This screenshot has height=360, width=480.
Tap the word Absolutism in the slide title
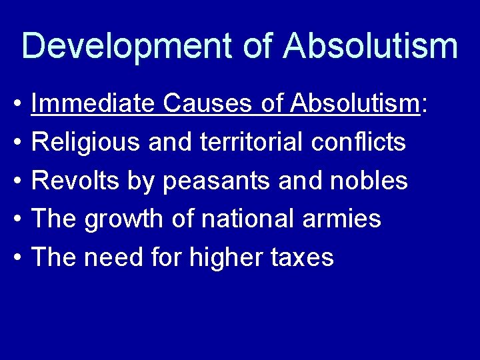click(370, 45)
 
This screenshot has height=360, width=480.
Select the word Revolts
click(75, 180)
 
